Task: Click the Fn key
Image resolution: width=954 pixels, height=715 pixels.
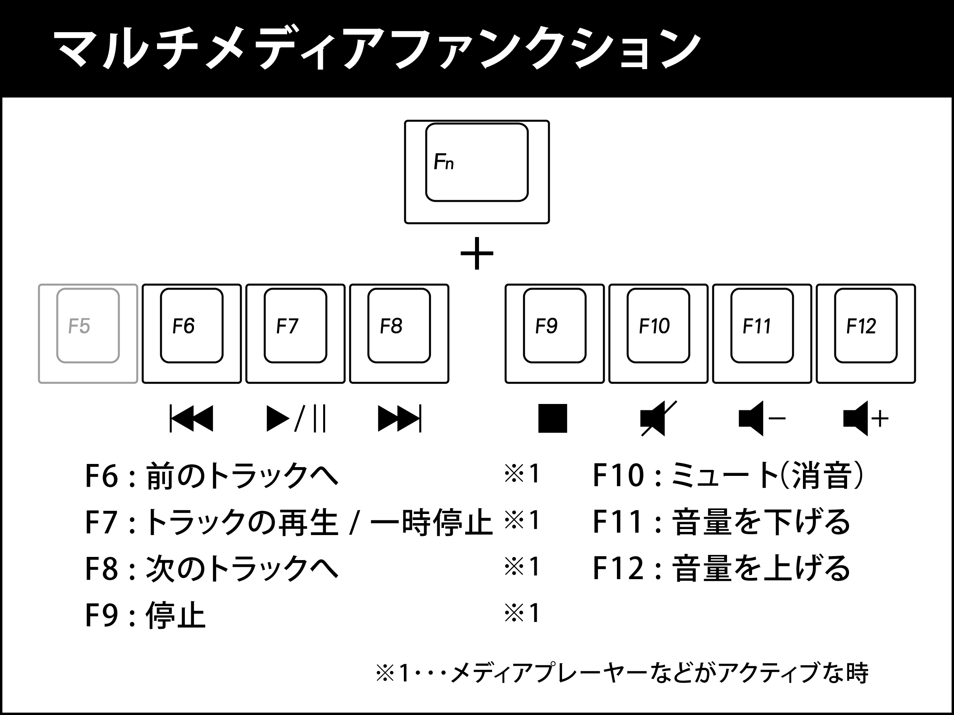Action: point(477,172)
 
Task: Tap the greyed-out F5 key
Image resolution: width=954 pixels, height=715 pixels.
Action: point(88,334)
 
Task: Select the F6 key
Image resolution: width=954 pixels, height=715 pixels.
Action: point(192,334)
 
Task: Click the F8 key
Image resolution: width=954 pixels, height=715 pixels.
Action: point(399,334)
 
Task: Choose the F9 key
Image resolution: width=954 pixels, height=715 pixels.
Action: point(555,334)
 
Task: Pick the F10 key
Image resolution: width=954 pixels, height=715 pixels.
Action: point(658,334)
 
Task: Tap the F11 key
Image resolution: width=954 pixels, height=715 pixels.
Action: point(762,334)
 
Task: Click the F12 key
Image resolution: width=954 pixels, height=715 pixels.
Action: point(866,334)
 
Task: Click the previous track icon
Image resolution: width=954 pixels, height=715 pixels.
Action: point(192,418)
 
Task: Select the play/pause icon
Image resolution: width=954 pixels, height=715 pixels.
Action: point(296,418)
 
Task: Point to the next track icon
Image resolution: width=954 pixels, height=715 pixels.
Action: point(399,418)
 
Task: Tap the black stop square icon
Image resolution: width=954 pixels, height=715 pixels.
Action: point(553,418)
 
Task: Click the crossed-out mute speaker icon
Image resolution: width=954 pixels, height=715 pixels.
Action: point(658,418)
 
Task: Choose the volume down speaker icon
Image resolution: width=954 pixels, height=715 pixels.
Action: point(762,418)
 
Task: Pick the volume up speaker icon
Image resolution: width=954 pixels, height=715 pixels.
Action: point(866,418)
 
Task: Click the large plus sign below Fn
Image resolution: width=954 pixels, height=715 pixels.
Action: point(477,253)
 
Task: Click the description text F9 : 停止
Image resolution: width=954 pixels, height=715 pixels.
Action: point(145,615)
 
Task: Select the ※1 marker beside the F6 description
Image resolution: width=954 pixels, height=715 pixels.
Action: point(522,473)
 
